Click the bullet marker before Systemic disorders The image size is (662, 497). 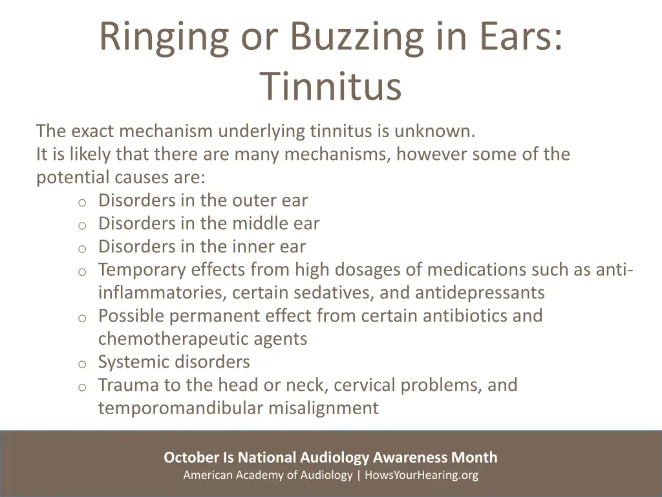coord(82,364)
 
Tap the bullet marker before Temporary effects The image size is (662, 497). coord(82,272)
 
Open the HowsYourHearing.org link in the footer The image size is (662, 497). coord(422,475)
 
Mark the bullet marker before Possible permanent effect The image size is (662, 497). coord(82,318)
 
